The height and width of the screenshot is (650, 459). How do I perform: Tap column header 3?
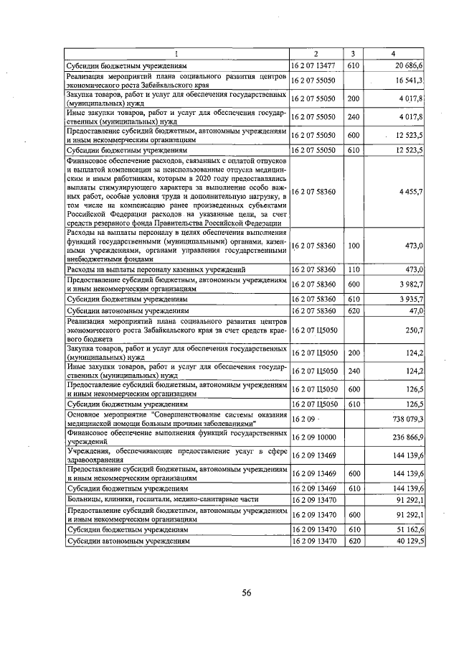pyautogui.click(x=352, y=54)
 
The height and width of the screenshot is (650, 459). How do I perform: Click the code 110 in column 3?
pyautogui.click(x=352, y=269)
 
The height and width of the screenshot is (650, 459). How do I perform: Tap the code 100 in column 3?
pyautogui.click(x=352, y=246)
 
